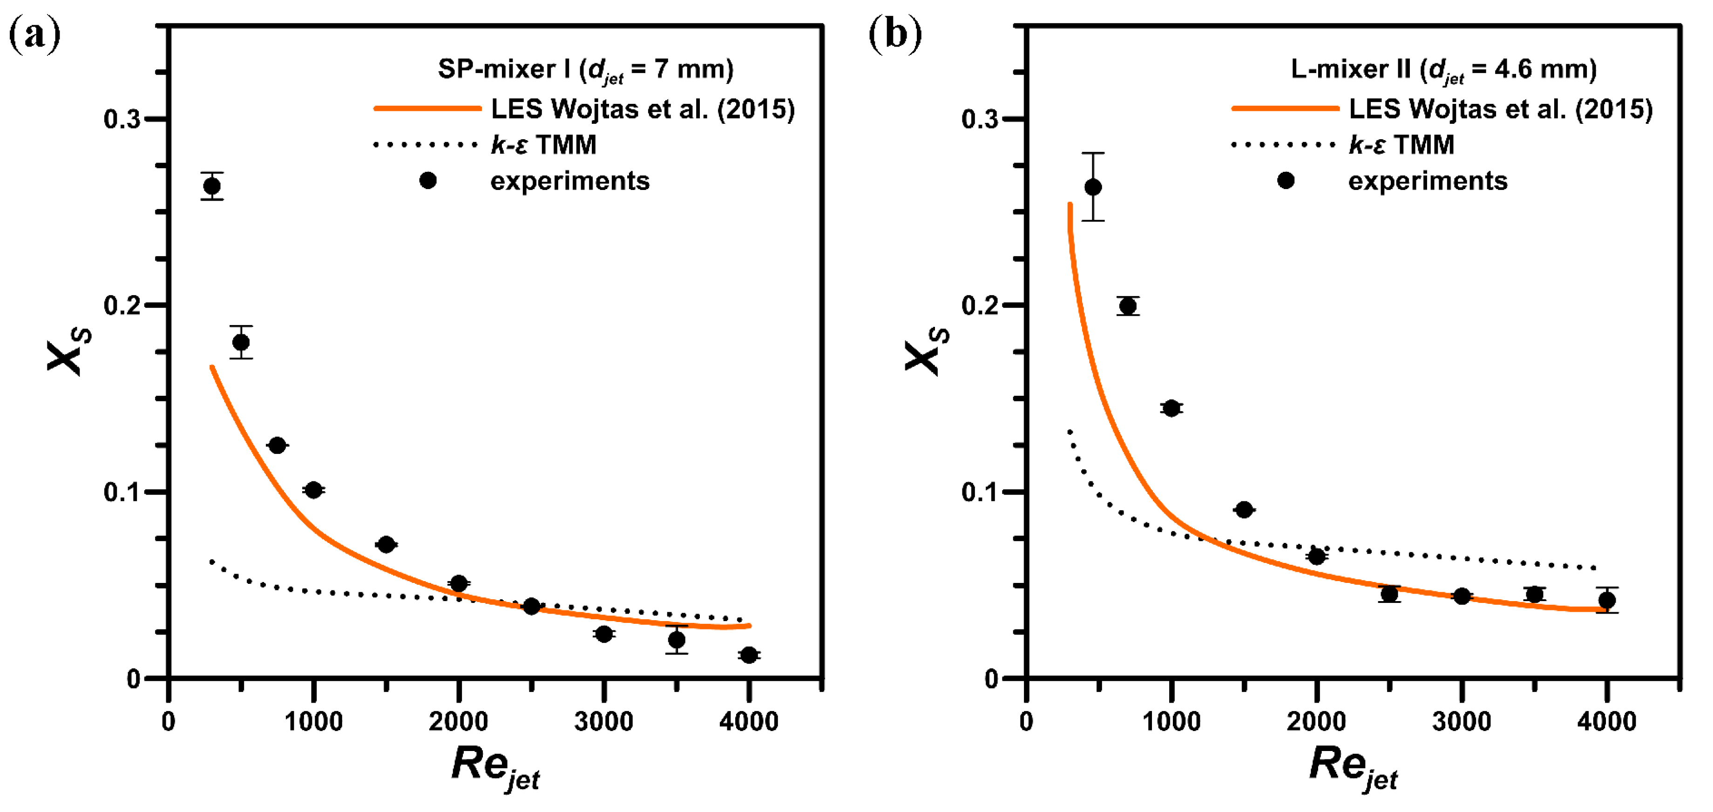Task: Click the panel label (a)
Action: [34, 34]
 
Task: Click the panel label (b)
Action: [895, 34]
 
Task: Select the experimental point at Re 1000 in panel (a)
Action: [313, 490]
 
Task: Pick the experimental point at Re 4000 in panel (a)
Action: [749, 655]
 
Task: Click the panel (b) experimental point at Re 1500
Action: [1244, 510]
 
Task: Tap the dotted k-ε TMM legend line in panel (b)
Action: [1283, 144]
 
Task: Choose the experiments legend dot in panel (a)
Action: [427, 180]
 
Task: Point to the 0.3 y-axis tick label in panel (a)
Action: [122, 120]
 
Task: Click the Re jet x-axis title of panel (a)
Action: [495, 767]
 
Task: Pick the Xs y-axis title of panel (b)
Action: [926, 351]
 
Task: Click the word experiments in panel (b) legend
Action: [1427, 181]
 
